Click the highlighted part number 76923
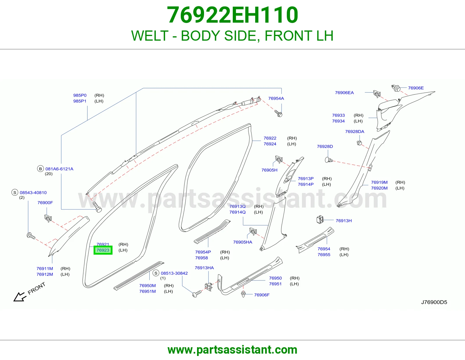(103, 250)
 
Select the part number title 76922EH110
(233, 15)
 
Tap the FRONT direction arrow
(20, 297)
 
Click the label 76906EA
(344, 93)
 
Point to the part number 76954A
(276, 98)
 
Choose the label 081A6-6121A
(59, 169)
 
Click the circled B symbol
(40, 169)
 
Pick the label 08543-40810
(33, 192)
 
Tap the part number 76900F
(45, 203)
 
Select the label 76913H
(344, 221)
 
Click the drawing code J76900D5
(434, 302)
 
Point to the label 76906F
(262, 295)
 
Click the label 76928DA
(355, 132)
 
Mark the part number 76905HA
(243, 242)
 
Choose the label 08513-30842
(174, 273)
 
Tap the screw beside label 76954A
(278, 113)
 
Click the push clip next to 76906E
(396, 88)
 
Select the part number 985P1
(80, 101)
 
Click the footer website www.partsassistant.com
(233, 350)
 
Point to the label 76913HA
(204, 268)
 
